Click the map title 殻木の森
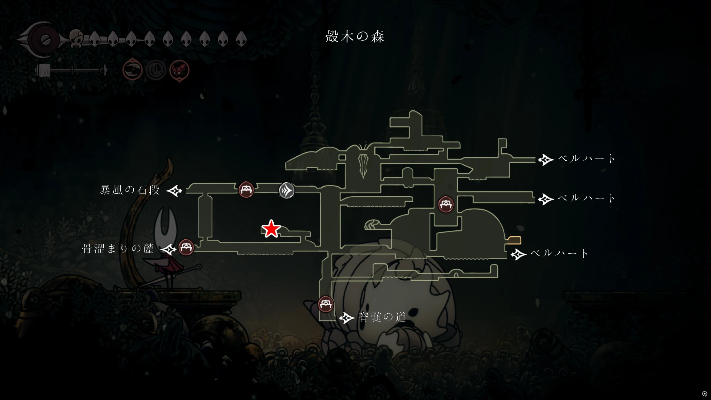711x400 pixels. tap(355, 36)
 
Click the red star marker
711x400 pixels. tap(271, 229)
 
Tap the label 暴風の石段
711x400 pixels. tap(130, 190)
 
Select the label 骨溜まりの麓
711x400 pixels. tap(118, 249)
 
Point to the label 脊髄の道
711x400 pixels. tap(383, 317)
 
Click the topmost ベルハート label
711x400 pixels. tap(587, 159)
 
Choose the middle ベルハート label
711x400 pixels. tap(587, 198)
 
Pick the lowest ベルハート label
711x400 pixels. tap(559, 253)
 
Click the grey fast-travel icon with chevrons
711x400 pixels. tap(287, 190)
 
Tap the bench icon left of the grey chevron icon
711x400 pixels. tap(246, 190)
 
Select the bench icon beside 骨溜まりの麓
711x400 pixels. tap(186, 247)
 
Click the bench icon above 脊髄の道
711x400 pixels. tap(326, 304)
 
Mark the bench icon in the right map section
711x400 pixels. tap(446, 204)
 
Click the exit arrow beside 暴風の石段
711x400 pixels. tap(174, 191)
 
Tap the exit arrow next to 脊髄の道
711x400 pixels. tap(347, 317)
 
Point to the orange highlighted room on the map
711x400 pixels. tap(514, 240)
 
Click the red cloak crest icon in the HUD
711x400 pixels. tap(179, 70)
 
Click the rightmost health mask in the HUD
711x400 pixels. tap(241, 39)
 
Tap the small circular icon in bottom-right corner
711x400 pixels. tap(705, 394)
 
